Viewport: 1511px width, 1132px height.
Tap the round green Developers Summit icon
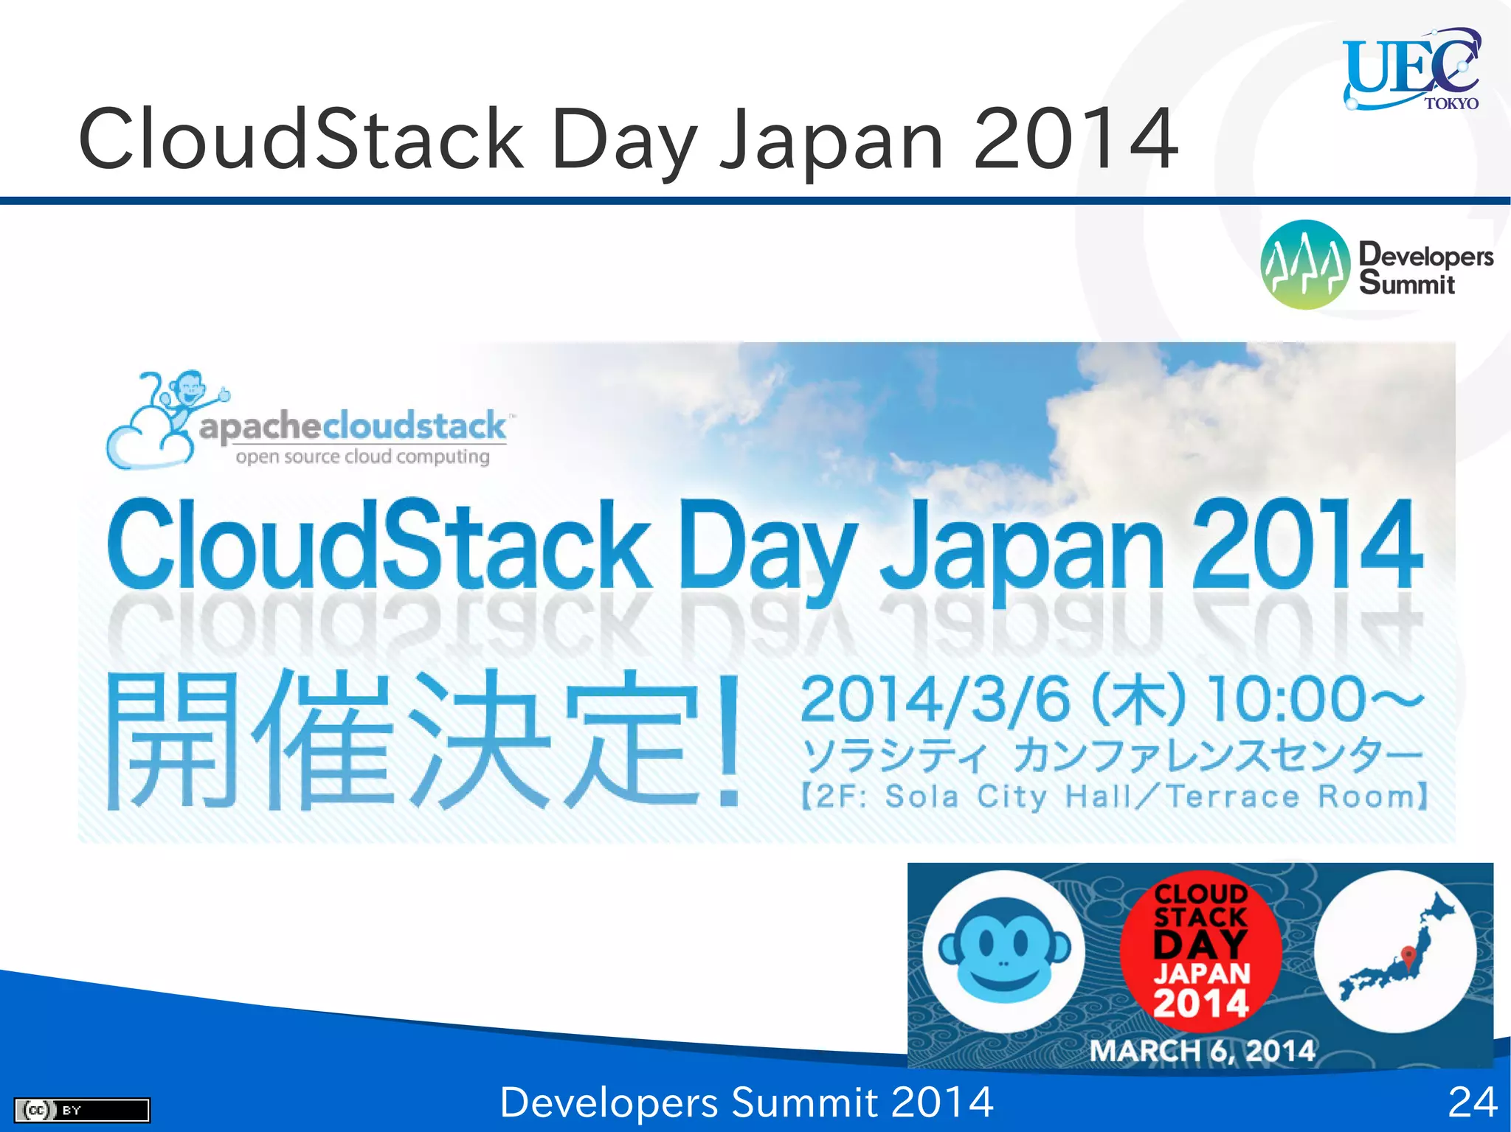point(1305,265)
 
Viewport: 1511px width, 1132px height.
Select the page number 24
point(1472,1103)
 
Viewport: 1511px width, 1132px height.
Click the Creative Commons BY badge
point(82,1110)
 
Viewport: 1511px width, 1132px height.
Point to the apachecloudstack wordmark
point(353,427)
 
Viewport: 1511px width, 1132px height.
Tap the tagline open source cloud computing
point(362,456)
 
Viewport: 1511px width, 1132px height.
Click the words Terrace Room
point(1295,796)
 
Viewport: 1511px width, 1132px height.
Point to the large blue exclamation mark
point(729,741)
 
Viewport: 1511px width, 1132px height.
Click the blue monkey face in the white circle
point(1003,951)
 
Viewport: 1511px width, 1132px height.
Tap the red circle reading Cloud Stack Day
point(1200,951)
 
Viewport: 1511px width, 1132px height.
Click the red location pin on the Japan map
point(1408,956)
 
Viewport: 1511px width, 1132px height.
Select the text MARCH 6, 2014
point(1202,1051)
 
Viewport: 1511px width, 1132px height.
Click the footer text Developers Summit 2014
point(746,1103)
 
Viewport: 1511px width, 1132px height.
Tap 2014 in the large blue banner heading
point(1306,546)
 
